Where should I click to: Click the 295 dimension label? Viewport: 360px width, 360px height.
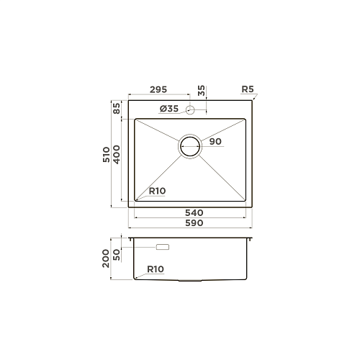158,89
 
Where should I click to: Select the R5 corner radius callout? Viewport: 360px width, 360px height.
248,89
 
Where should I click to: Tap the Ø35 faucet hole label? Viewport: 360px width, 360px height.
169,109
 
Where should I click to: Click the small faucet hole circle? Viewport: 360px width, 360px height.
190,109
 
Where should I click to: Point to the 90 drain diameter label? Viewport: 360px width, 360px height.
215,141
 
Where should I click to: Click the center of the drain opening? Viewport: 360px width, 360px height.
190,146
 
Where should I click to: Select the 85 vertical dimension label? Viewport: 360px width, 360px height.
117,108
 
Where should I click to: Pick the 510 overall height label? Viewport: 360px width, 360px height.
106,155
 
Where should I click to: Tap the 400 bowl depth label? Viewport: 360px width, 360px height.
117,155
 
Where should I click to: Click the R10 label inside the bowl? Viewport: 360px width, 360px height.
157,191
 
